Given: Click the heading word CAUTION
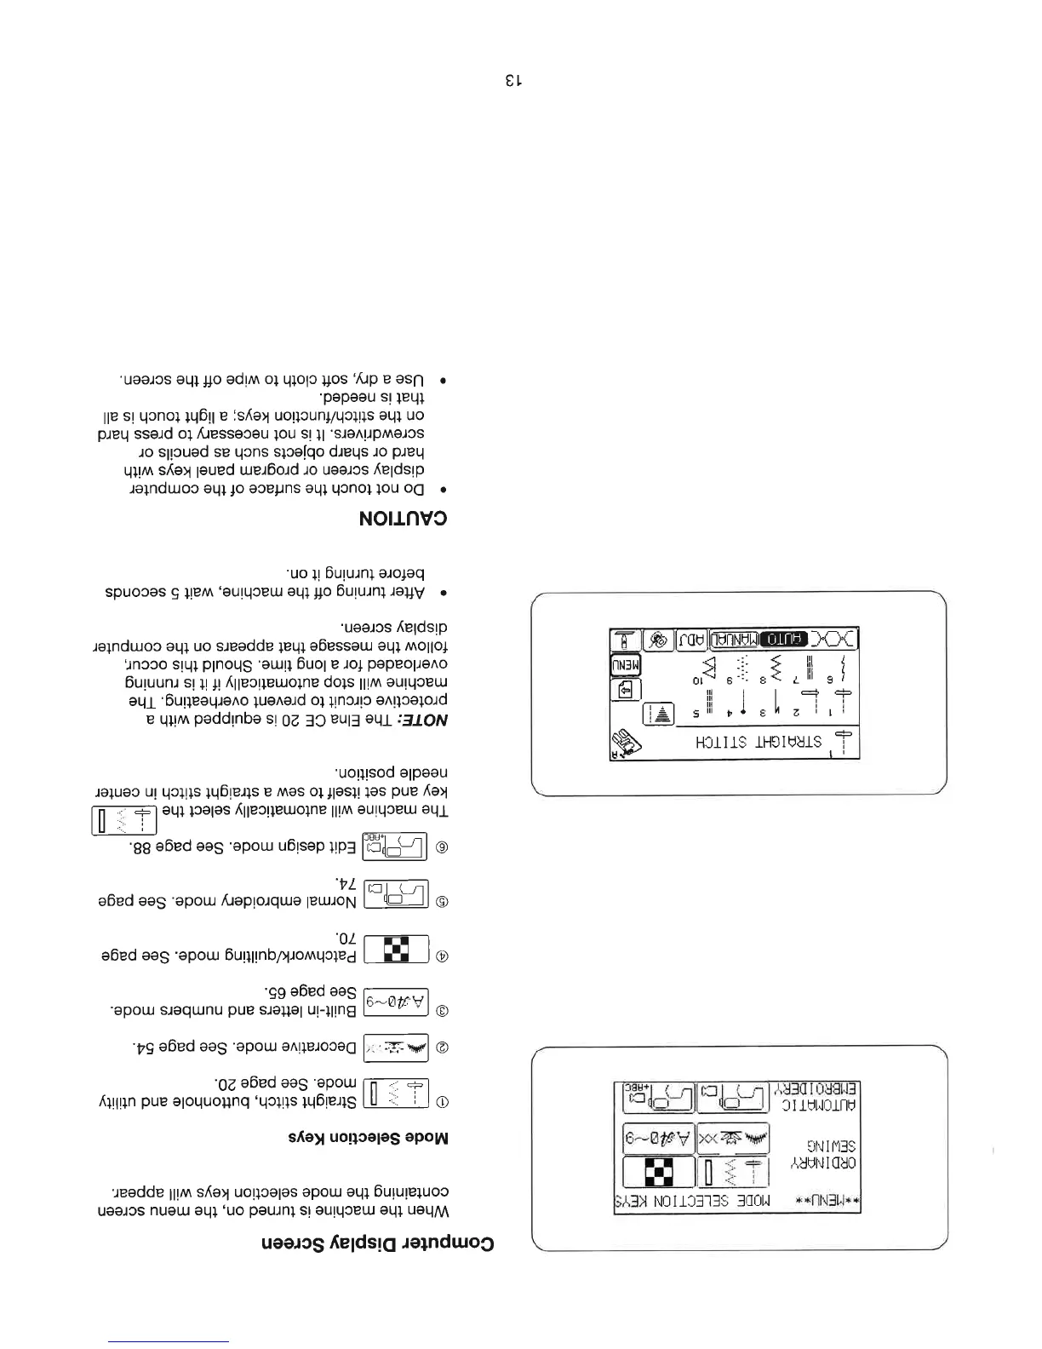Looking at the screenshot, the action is pos(404,519).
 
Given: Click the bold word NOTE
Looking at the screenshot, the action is pos(427,720).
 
